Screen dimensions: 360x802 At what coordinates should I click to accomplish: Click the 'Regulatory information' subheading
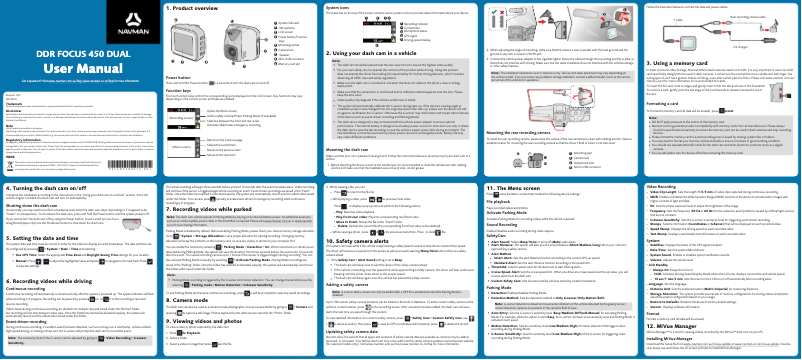point(25,141)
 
